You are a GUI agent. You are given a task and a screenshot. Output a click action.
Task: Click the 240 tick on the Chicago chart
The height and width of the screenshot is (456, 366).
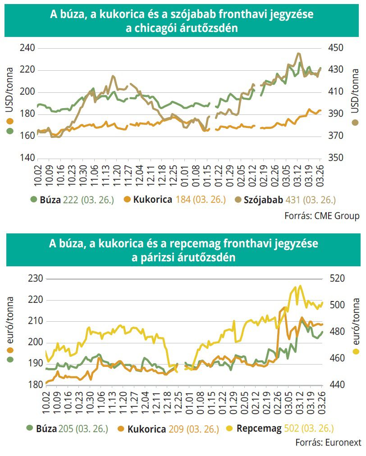coord(28,48)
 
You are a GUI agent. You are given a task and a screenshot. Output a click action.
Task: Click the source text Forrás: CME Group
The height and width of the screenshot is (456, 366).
coord(321,216)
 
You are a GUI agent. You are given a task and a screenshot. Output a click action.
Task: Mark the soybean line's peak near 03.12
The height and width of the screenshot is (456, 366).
coord(298,54)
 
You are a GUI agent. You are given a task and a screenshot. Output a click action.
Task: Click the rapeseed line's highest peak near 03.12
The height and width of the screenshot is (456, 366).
coord(300,286)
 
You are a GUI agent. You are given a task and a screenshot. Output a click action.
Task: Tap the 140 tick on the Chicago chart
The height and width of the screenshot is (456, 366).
coord(28,158)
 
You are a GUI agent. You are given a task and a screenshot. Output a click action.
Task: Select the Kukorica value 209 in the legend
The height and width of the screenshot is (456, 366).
coord(176,428)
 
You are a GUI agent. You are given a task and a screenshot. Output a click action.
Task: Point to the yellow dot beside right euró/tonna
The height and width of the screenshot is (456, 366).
coord(356,352)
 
